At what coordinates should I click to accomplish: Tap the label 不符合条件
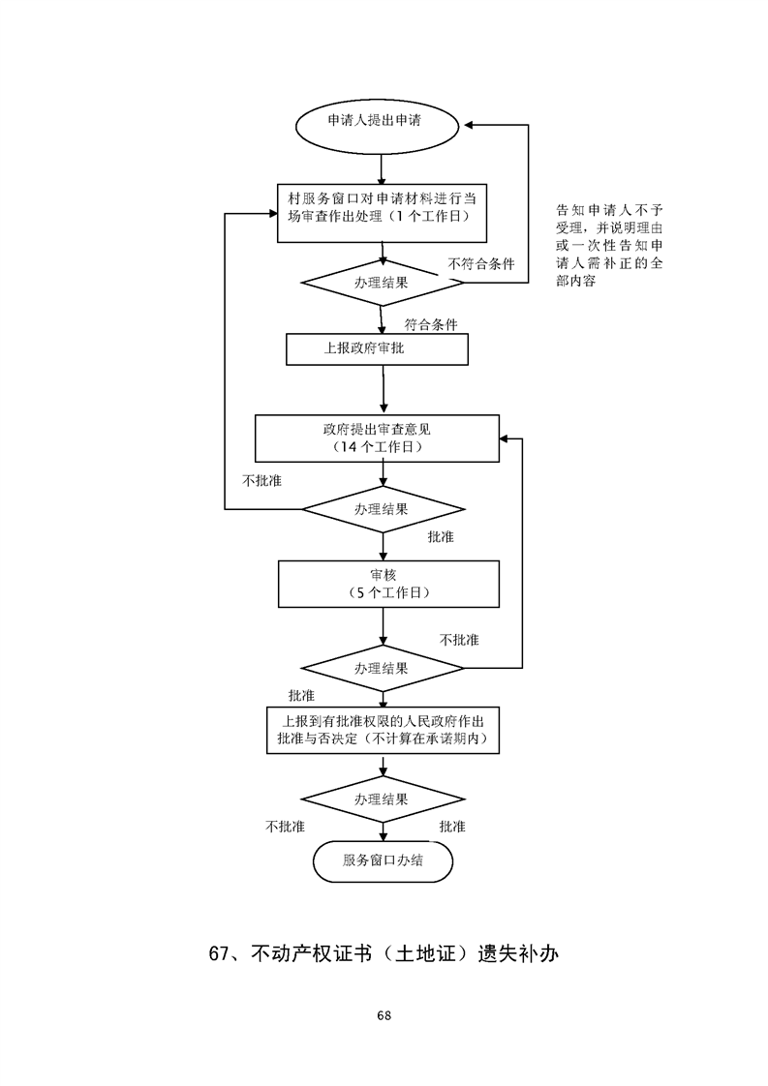click(x=481, y=263)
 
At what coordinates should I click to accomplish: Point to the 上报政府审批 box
click(x=377, y=349)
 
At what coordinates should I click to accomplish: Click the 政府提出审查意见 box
click(x=377, y=438)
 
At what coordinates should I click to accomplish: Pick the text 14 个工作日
click(x=377, y=448)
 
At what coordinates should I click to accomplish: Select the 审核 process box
click(x=387, y=583)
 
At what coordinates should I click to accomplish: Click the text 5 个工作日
click(x=387, y=592)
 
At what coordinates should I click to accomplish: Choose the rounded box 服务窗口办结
click(x=384, y=860)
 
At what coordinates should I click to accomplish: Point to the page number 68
click(x=384, y=1015)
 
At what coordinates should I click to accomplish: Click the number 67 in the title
click(x=220, y=953)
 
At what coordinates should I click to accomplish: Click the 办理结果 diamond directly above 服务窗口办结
click(x=384, y=799)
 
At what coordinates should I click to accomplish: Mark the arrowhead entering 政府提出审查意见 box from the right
click(x=505, y=438)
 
